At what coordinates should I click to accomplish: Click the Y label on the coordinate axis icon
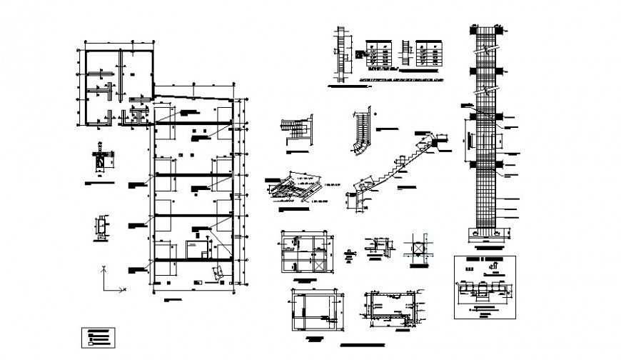105,268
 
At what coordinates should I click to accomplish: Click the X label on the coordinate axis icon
124,289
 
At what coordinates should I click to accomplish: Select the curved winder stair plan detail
363,132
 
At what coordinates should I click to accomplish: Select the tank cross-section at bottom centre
390,310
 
